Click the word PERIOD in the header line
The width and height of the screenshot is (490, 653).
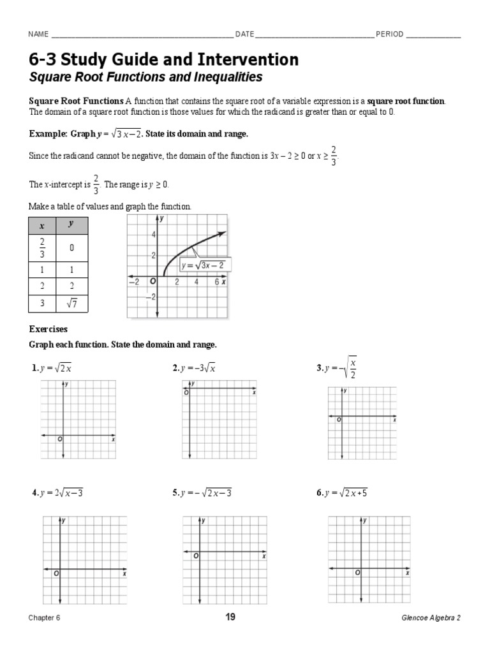[x=389, y=34]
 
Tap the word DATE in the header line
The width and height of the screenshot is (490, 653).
[x=244, y=34]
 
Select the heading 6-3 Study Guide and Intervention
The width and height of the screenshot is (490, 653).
[x=163, y=60]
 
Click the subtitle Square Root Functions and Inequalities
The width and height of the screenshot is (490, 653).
[x=146, y=78]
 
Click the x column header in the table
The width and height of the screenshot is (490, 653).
[x=42, y=226]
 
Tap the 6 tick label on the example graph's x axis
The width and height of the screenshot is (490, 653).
[x=216, y=282]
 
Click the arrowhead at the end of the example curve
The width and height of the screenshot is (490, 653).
[x=223, y=233]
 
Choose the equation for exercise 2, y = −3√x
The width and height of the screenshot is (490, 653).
[x=194, y=368]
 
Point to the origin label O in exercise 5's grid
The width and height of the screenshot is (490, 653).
[x=196, y=556]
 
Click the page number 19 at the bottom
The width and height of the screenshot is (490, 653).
[x=230, y=617]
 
